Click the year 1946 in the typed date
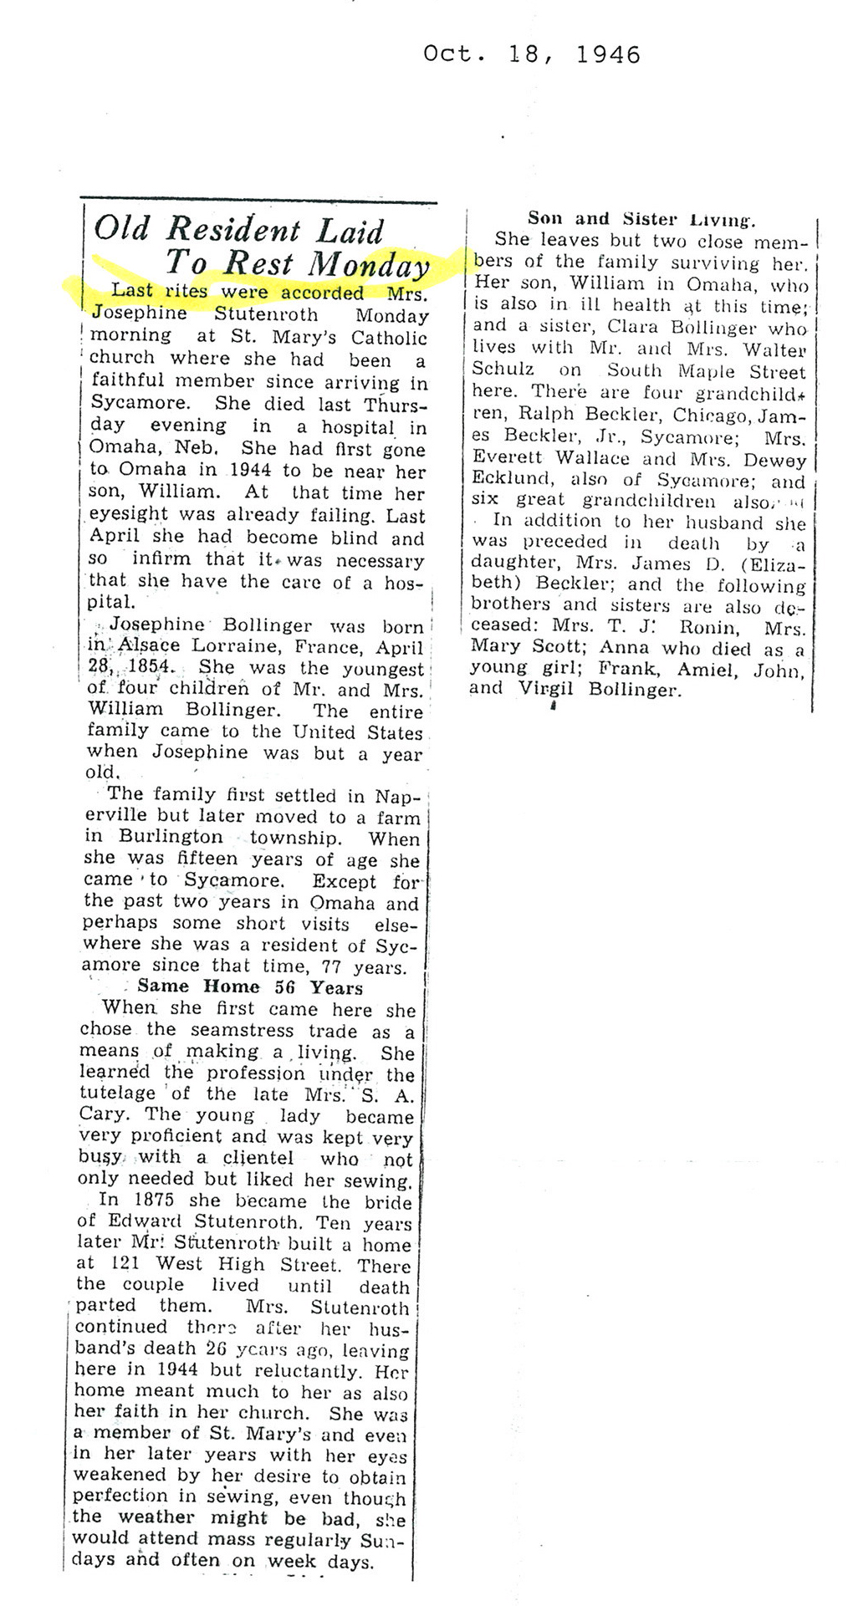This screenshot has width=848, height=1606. pos(608,55)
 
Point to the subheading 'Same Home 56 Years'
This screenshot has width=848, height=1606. pos(249,987)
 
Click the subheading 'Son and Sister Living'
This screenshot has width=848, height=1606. pos(641,219)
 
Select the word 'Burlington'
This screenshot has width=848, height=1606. pos(171,837)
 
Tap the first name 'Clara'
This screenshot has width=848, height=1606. pos(633,328)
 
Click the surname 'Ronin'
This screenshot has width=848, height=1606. pos(708,627)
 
